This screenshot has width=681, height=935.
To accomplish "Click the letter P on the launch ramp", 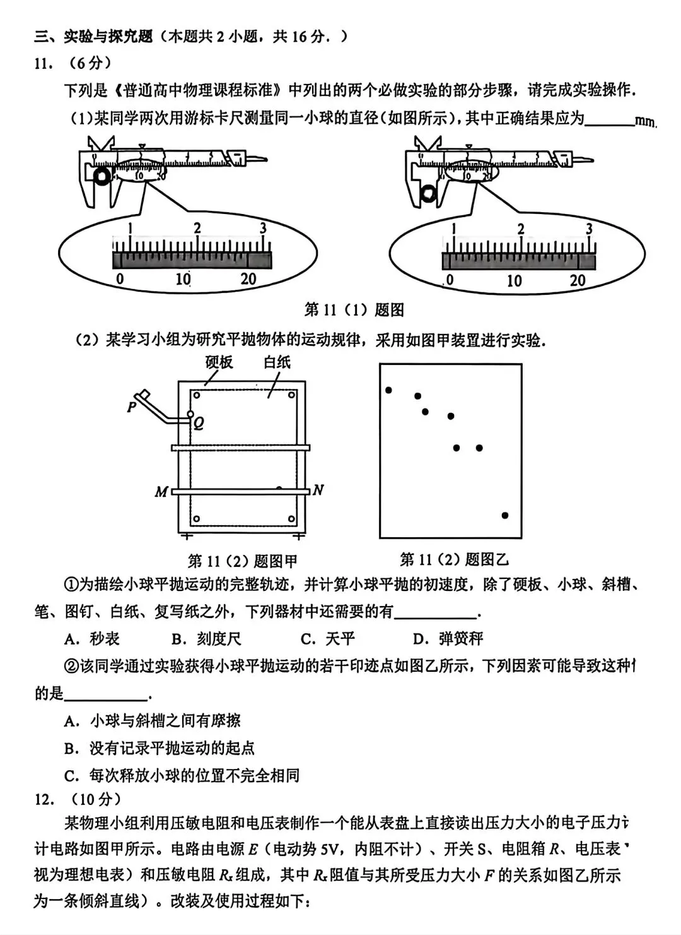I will click(132, 407).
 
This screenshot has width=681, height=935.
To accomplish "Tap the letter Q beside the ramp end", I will click(199, 424).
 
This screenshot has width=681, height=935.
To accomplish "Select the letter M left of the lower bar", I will click(161, 492).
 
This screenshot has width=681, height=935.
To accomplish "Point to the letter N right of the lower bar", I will click(318, 490).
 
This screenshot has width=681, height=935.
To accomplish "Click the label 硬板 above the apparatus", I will click(219, 362).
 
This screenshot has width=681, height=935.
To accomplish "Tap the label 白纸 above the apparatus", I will click(277, 362).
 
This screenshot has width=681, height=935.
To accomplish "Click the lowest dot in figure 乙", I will click(505, 515).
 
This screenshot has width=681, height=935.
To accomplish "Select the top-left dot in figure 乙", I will click(388, 390).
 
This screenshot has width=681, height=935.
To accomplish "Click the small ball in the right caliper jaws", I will click(430, 192).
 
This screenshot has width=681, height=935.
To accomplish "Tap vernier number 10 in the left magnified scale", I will click(183, 279).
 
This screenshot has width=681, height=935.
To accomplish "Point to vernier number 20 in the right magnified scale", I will click(578, 280).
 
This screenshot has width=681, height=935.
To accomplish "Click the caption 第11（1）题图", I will click(354, 310).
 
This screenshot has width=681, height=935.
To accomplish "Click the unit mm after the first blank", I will click(646, 121).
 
